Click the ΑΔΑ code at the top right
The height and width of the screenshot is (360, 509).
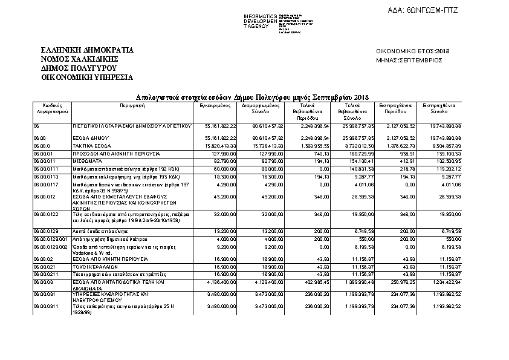coord(441,11)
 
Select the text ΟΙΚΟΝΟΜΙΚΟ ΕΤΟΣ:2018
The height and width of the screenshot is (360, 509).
coord(409,51)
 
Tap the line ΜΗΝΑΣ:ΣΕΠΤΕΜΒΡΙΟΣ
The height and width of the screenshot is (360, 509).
coord(409,61)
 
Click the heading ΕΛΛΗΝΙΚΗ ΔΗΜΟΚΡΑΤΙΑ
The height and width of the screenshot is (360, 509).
coord(87,50)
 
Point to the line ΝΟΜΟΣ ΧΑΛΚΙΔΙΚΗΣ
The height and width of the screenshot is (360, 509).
coord(79,59)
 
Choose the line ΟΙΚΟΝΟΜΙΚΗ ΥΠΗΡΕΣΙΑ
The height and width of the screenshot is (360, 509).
coord(87,77)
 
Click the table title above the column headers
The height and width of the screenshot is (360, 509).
coord(252,97)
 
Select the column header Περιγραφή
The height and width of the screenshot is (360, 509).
coord(131,105)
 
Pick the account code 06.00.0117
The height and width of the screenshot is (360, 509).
coord(47,183)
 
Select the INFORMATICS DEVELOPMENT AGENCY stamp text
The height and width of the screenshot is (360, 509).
coord(260,21)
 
